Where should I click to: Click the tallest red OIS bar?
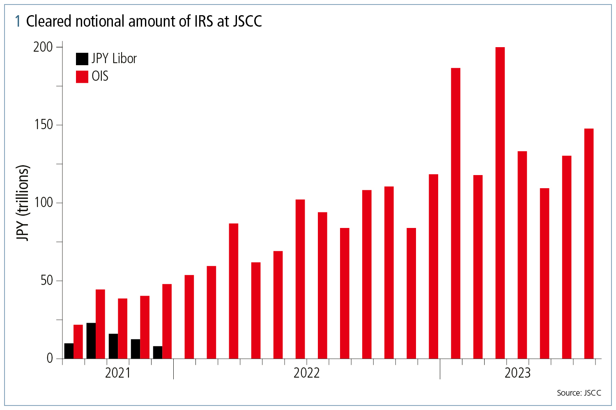500,203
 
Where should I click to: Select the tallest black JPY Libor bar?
91,341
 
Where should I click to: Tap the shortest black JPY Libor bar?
158,352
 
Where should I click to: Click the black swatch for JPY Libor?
82,59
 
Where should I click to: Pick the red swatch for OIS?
82,77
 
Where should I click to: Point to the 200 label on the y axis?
43,47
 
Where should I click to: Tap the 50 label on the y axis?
46,280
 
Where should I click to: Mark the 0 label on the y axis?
50,358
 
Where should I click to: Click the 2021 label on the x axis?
117,373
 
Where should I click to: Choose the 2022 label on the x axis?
306,373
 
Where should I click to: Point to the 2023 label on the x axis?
517,373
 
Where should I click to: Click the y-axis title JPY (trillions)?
23,203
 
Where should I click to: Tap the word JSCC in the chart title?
247,21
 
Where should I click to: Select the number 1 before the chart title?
18,21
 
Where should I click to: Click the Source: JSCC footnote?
579,393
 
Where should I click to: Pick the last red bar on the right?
588,244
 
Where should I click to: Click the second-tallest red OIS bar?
455,213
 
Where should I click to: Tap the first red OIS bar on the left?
78,342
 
